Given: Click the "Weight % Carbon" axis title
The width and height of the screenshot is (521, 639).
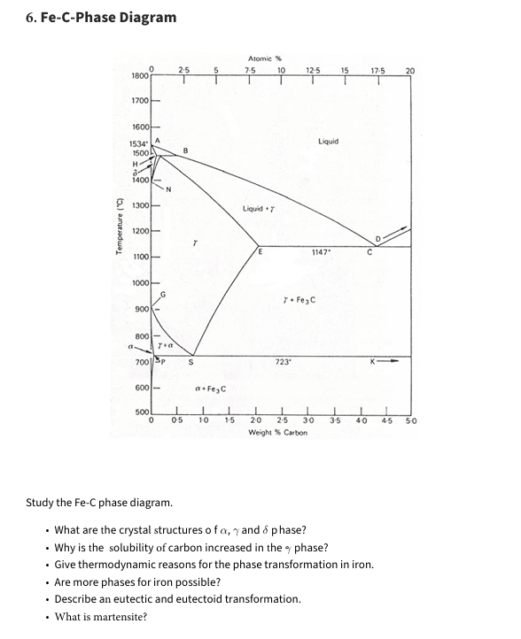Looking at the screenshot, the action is (278, 433).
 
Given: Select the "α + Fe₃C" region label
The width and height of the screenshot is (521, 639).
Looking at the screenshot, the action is (211, 389).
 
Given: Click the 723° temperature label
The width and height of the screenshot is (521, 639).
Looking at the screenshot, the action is (284, 362).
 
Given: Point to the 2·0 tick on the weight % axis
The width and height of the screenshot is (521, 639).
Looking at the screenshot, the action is (256, 421).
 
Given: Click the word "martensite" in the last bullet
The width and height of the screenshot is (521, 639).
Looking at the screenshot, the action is (118, 617).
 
